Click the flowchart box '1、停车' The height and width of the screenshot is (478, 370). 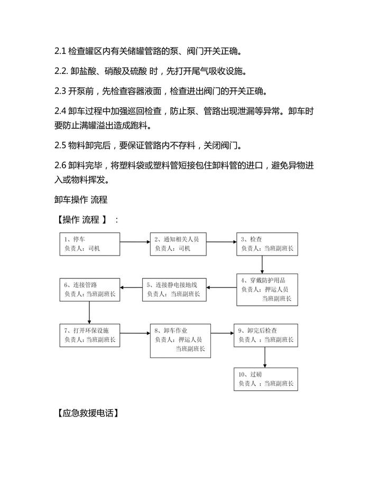[x=89, y=243]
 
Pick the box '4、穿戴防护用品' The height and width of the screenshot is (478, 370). [x=267, y=289]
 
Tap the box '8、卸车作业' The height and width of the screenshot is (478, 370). [x=180, y=339]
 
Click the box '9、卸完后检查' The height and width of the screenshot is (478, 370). [x=266, y=334]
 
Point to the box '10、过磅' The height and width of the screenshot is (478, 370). [x=266, y=379]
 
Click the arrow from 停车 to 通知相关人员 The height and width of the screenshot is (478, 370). [x=135, y=243]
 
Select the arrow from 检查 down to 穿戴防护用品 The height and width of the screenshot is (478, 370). [x=263, y=264]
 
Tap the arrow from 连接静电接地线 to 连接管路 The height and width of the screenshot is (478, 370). [x=131, y=288]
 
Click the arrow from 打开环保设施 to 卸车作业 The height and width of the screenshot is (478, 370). [x=135, y=333]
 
